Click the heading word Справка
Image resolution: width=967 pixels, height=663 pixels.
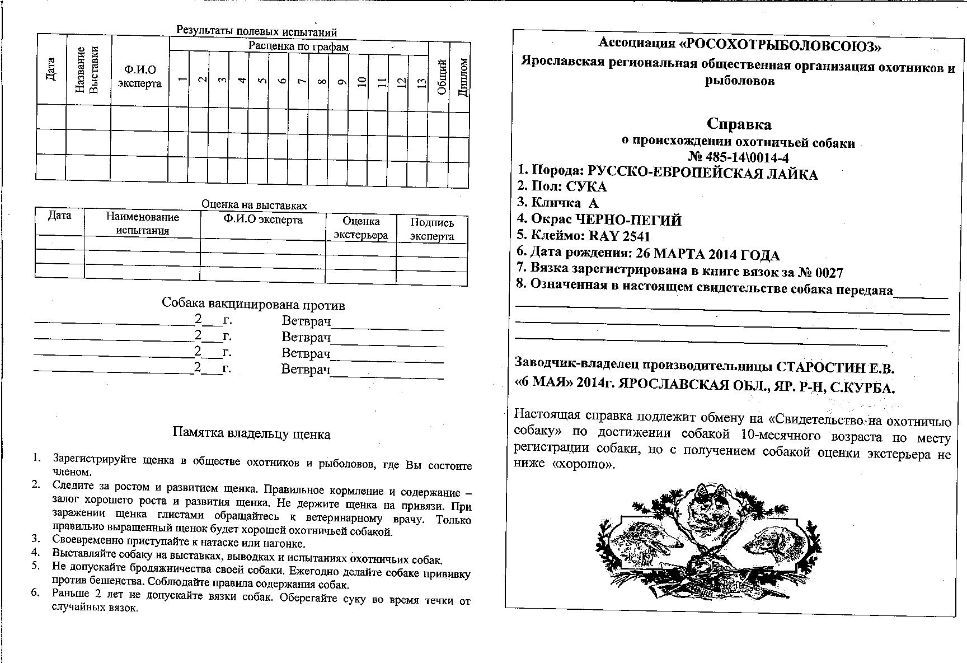739,124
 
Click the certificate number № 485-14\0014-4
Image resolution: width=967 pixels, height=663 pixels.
738,157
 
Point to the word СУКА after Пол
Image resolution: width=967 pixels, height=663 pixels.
586,187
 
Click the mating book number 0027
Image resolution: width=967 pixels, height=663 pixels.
828,273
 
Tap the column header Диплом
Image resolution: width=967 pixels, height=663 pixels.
462,77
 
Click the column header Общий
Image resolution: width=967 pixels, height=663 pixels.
441,77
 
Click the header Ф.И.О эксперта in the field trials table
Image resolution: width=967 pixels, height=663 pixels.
140,77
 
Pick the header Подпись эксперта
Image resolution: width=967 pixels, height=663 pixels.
431,229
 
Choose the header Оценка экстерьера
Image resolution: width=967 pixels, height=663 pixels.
360,228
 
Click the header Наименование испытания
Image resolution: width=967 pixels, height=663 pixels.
143,223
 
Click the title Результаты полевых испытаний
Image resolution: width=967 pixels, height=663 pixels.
257,31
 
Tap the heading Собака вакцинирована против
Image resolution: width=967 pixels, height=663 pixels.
253,305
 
